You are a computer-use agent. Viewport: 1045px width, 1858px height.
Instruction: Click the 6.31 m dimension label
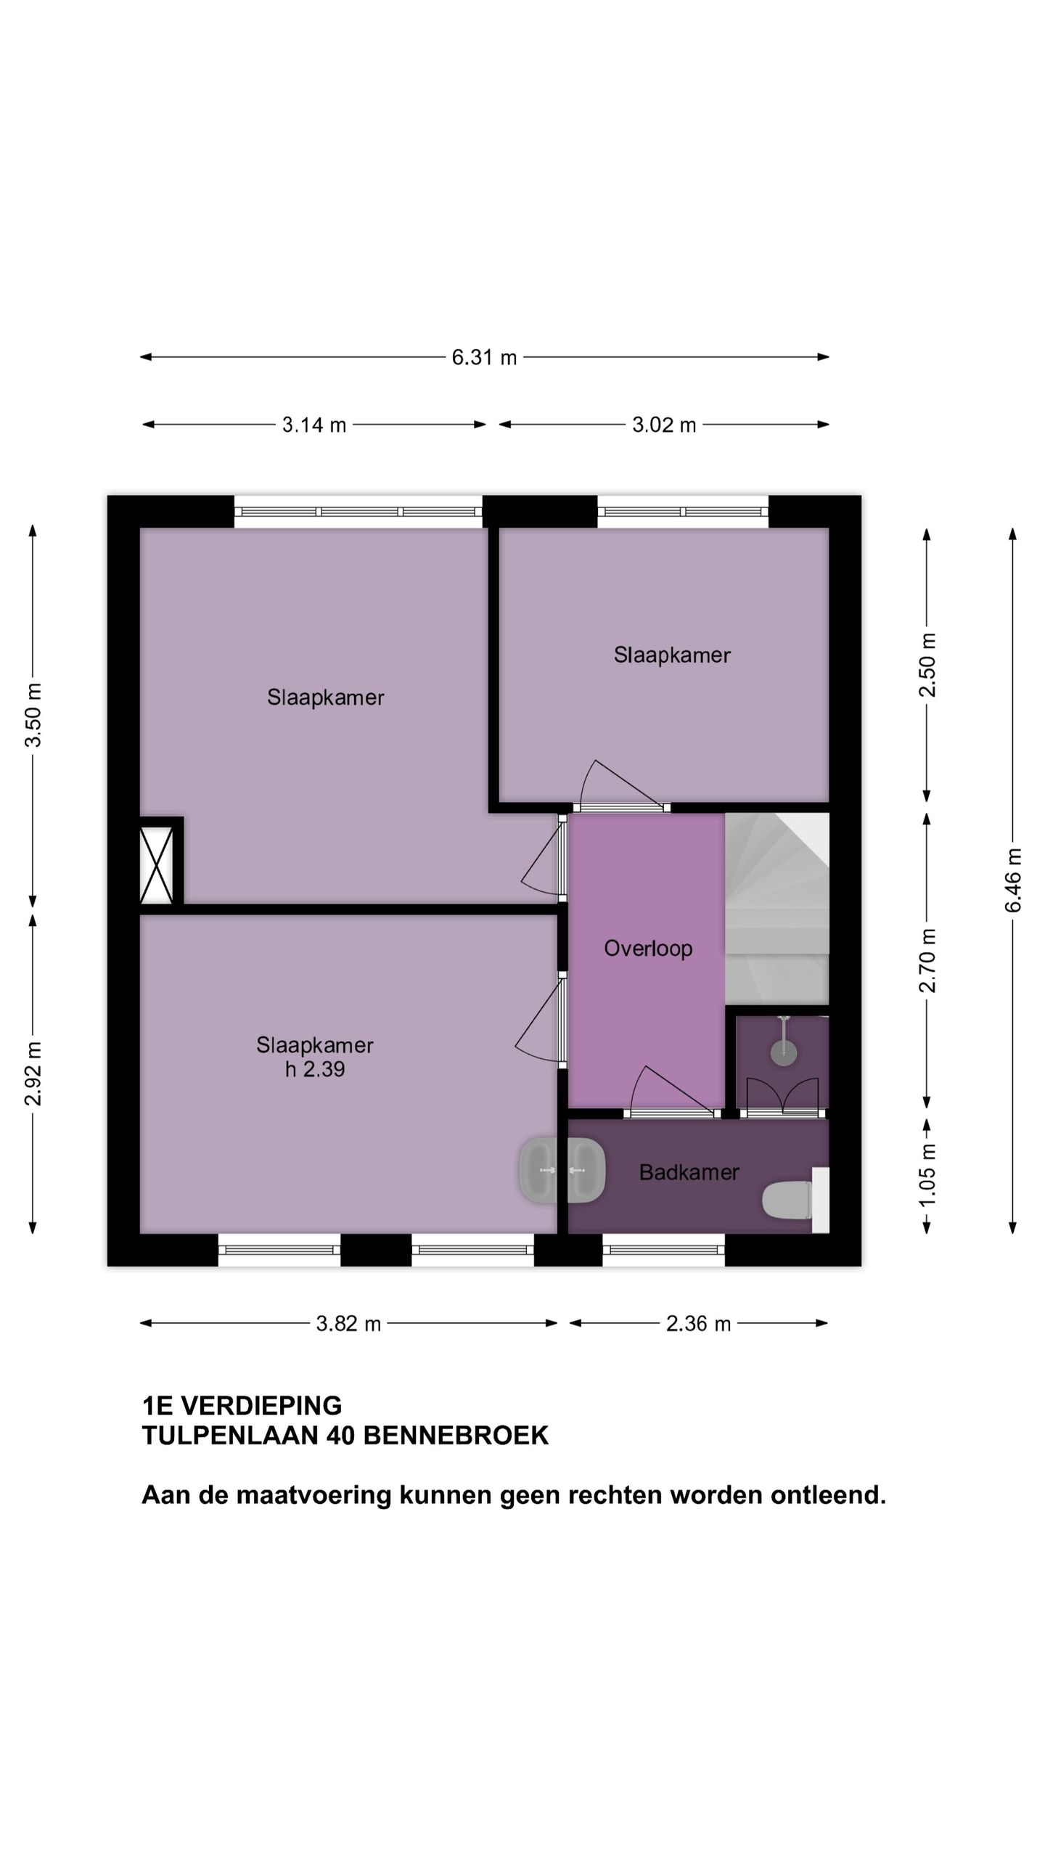[x=484, y=357]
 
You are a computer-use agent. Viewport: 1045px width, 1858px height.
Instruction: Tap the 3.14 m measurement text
[x=314, y=425]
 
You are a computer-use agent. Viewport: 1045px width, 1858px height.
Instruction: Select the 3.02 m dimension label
[x=664, y=425]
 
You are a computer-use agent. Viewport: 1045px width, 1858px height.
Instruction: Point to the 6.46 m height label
[x=1013, y=880]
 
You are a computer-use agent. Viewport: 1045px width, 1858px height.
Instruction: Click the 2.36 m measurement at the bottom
[x=698, y=1324]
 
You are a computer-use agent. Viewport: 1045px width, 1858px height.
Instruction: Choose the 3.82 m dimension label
[x=348, y=1324]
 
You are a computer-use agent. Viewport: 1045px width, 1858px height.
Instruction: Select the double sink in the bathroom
[x=562, y=1170]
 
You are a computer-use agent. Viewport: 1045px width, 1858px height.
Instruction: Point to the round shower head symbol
[x=784, y=1052]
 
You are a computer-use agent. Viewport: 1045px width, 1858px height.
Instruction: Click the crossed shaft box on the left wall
[x=156, y=865]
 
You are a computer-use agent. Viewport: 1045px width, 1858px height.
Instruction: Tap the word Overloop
[x=648, y=949]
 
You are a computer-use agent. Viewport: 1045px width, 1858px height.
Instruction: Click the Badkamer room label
[x=689, y=1172]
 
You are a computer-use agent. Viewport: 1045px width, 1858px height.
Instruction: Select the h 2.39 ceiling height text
[x=315, y=1069]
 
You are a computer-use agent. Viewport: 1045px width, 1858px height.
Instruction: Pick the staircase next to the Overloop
[x=777, y=909]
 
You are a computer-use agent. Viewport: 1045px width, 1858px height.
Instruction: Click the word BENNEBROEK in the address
[x=456, y=1436]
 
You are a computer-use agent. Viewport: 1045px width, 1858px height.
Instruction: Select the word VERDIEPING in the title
[x=261, y=1406]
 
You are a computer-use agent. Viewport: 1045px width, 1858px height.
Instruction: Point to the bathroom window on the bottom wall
[x=663, y=1250]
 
